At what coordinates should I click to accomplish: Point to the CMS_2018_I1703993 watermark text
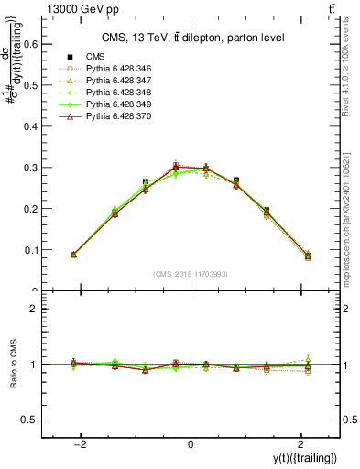[191, 274]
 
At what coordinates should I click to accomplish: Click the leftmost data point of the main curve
[73, 255]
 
